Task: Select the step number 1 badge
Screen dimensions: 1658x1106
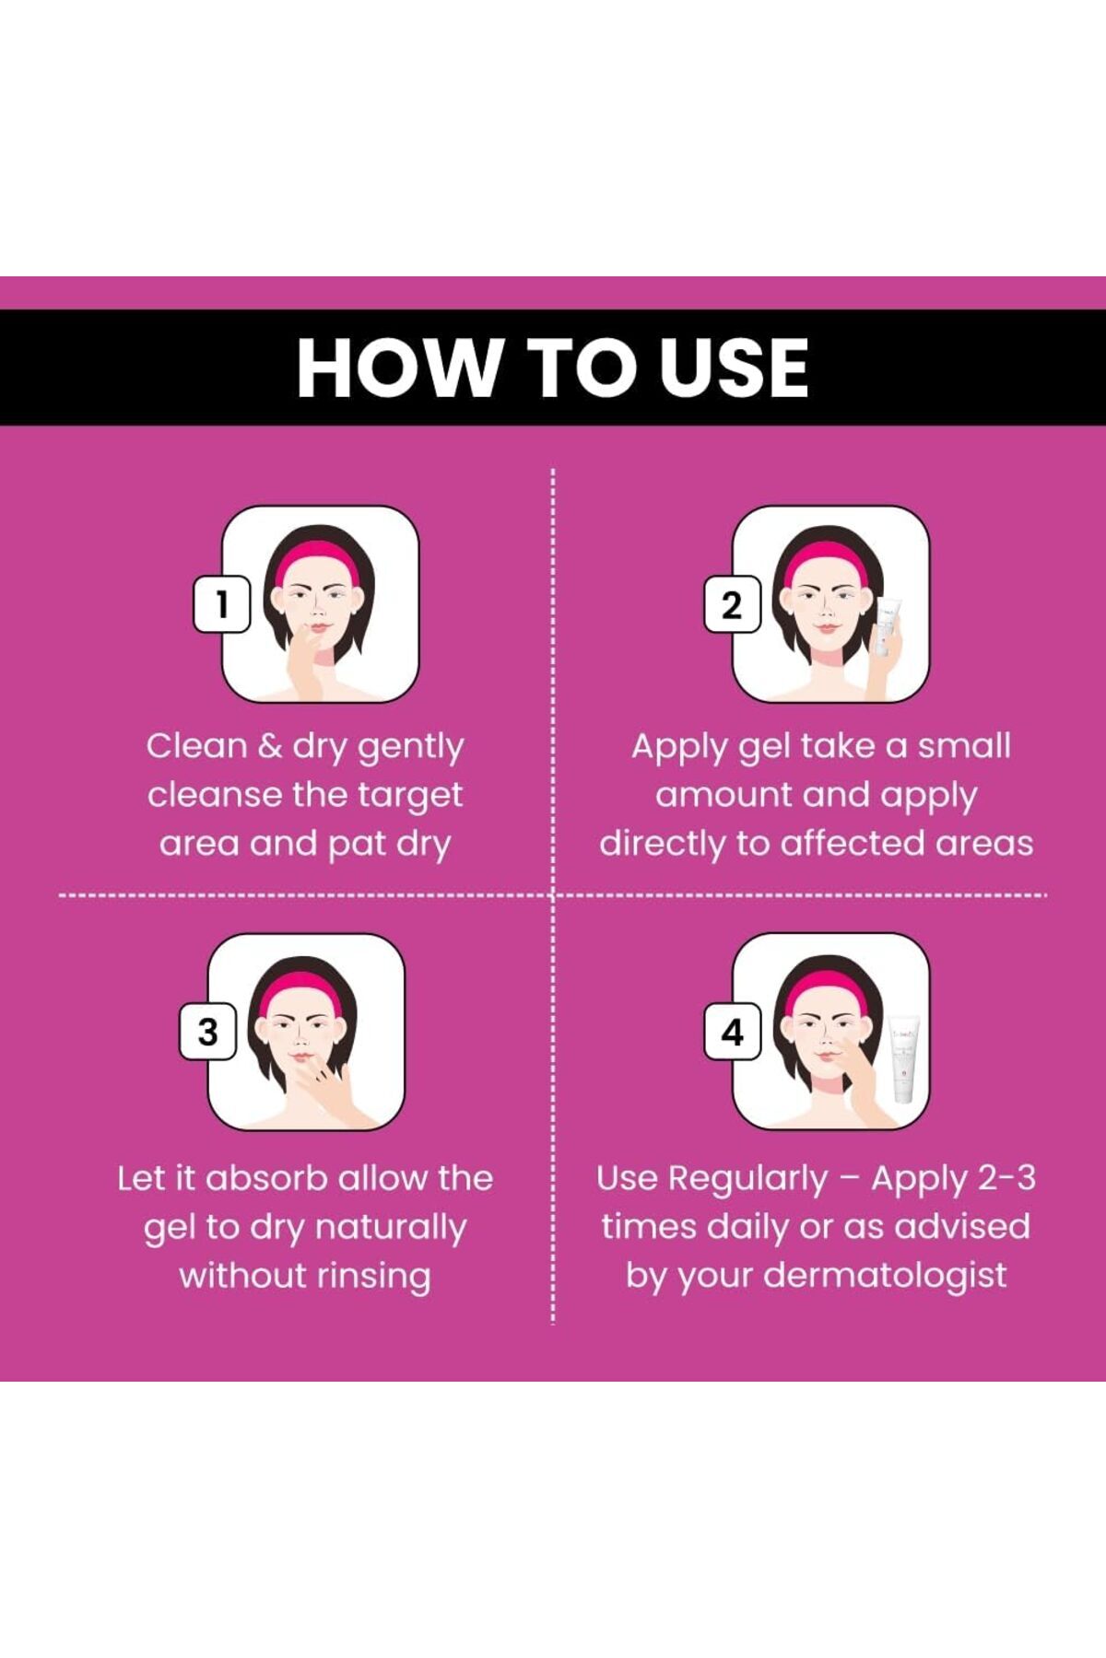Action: tap(221, 604)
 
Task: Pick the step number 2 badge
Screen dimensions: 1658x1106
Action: tap(732, 605)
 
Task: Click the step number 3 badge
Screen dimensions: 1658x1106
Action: tap(207, 1032)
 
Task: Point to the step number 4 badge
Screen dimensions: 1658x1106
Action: tap(732, 1032)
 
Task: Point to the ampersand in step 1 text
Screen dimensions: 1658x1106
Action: tap(269, 746)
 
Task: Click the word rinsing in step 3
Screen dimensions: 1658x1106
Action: tap(374, 1276)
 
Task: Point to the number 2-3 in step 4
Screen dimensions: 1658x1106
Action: tap(1006, 1178)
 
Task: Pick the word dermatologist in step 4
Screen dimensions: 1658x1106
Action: tap(885, 1276)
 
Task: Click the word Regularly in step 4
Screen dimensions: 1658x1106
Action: tap(748, 1180)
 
